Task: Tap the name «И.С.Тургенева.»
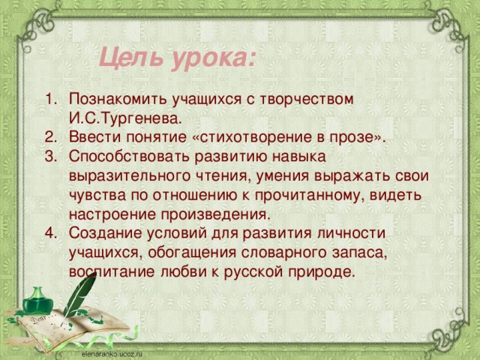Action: tap(124, 118)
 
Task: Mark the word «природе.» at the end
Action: tap(322, 271)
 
